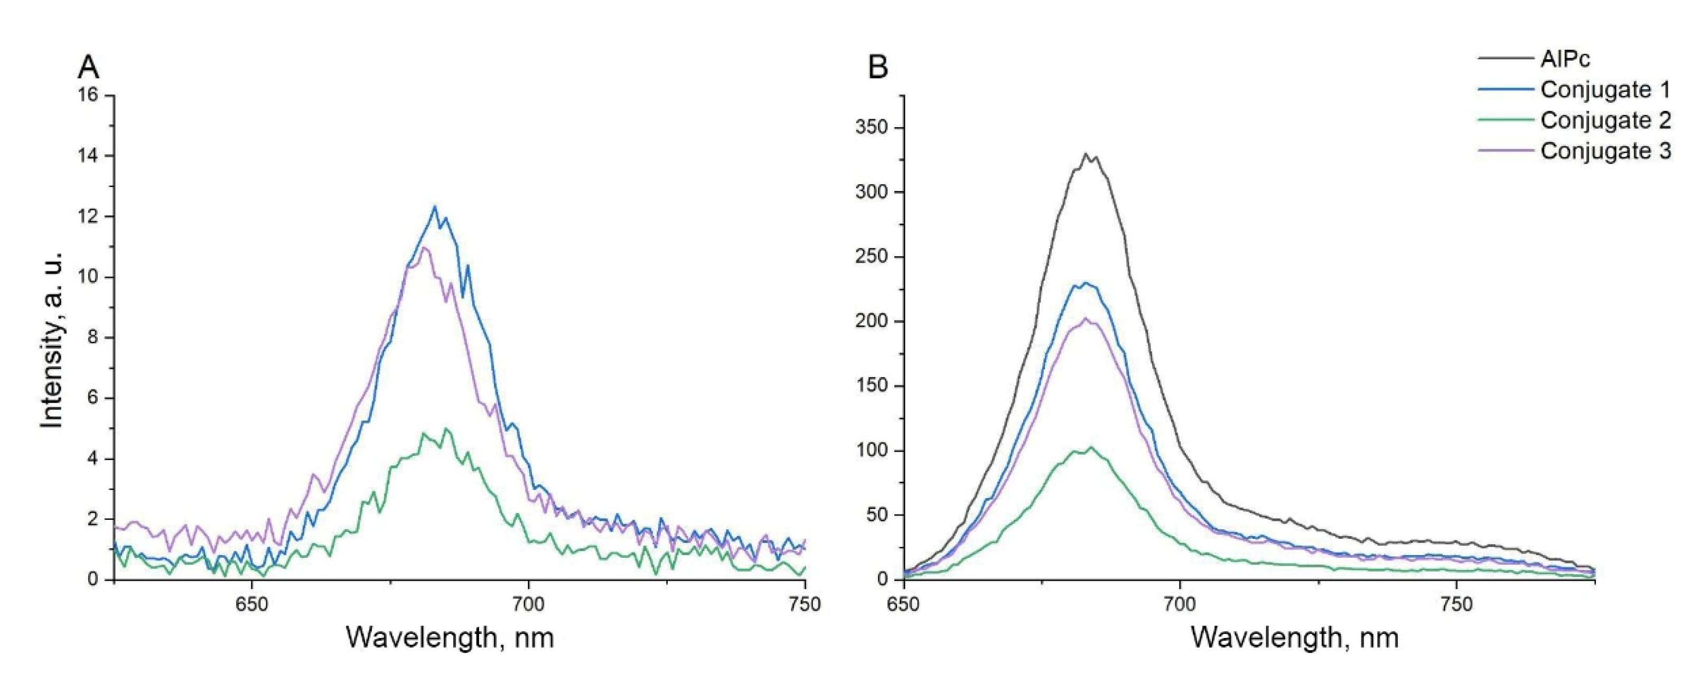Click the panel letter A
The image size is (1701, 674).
tap(89, 67)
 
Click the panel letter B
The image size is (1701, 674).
tap(877, 67)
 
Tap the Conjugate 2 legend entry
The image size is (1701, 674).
tap(1605, 121)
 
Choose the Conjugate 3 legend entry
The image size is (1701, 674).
tap(1605, 151)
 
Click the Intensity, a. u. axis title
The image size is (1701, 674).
tap(52, 340)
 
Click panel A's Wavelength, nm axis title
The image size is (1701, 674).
tap(450, 637)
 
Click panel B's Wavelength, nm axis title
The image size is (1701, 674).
tap(1295, 637)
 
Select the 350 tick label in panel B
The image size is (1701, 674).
tap(871, 127)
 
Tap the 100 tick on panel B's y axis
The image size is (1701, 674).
tap(871, 451)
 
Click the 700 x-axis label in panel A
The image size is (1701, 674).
tap(528, 604)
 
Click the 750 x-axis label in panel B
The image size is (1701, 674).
tap(1455, 604)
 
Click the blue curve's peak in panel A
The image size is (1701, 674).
tap(434, 207)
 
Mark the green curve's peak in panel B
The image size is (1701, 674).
tap(1090, 447)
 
